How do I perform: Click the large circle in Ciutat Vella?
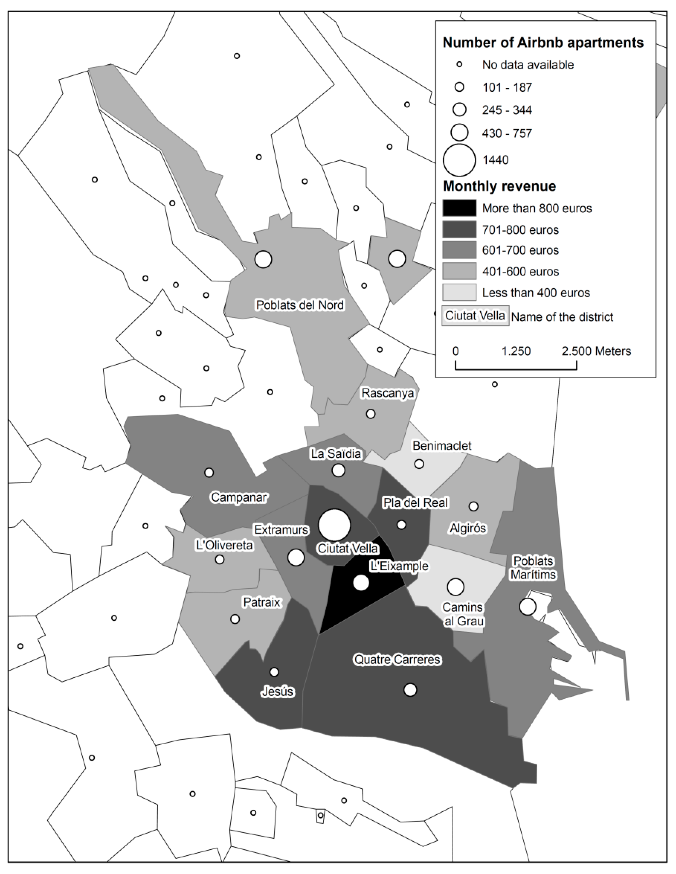coord(335,525)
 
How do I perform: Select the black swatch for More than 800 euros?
coord(459,208)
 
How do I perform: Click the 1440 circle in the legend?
coord(459,160)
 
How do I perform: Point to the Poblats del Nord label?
coord(300,305)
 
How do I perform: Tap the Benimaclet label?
coord(442,445)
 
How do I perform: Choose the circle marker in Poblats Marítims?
coord(528,606)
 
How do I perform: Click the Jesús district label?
coord(278,691)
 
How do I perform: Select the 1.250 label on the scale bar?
coord(516,351)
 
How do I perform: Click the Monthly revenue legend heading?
coord(499,186)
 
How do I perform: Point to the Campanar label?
coord(239,497)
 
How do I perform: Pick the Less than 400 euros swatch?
coord(459,292)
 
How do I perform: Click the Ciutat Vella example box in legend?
coord(475,316)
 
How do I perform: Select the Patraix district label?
coord(262,602)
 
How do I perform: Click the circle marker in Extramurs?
coord(296,557)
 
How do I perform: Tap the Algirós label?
coord(468,528)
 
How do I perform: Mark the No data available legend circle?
coord(460,65)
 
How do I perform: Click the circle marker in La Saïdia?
coord(338,470)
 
